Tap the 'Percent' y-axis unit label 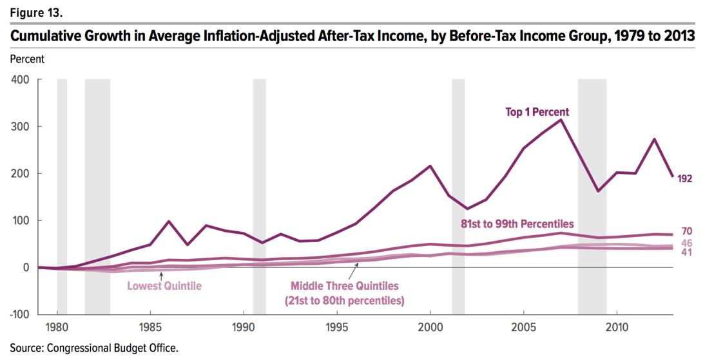tap(27, 59)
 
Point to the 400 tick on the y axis tap(21, 80)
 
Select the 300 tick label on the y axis tap(21, 127)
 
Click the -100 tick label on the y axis tap(19, 314)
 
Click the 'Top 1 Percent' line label tap(537, 113)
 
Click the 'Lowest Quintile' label tap(160, 287)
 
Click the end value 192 tap(685, 178)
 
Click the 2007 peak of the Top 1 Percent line tap(561, 120)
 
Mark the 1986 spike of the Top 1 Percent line tap(169, 222)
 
